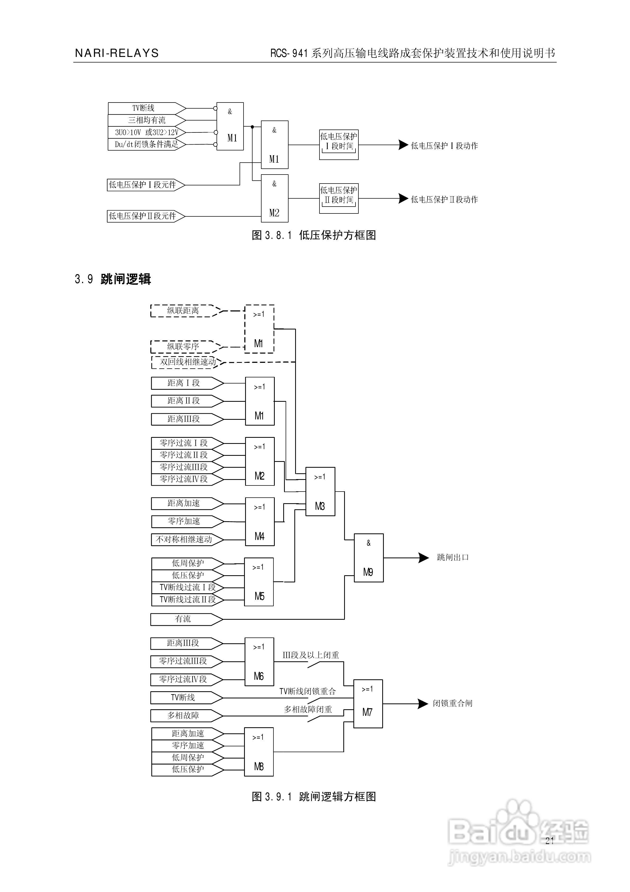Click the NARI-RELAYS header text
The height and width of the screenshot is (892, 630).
[116, 53]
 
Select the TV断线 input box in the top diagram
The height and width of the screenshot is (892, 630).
[143, 108]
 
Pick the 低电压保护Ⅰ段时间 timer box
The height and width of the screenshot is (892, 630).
[339, 145]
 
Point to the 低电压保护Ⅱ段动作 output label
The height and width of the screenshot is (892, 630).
[444, 199]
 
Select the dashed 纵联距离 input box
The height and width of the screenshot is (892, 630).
[183, 311]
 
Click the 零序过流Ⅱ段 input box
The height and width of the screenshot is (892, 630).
[184, 455]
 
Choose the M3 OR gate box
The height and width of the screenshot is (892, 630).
[320, 492]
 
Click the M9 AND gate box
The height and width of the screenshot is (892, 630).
[368, 557]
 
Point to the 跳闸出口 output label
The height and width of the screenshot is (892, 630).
[452, 557]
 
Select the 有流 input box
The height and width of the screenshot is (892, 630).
[183, 619]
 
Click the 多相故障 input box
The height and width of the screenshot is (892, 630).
[183, 715]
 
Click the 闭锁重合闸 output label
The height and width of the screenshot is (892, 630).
[452, 703]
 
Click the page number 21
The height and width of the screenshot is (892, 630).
[549, 841]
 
